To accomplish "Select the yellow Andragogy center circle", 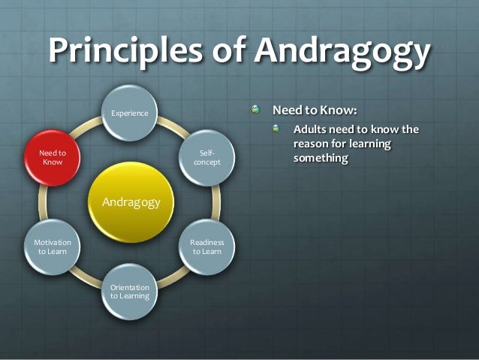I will click(130, 201).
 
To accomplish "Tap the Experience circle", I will click(130, 113).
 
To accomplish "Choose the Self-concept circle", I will click(207, 158).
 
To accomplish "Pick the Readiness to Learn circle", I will click(206, 247).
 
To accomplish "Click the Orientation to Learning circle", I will click(130, 292).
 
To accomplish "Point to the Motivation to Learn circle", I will click(53, 247).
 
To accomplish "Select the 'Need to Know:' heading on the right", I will click(314, 110).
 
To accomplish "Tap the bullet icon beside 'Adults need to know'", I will click(279, 129).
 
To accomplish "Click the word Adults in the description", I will click(312, 129).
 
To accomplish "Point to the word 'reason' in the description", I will click(314, 144).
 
